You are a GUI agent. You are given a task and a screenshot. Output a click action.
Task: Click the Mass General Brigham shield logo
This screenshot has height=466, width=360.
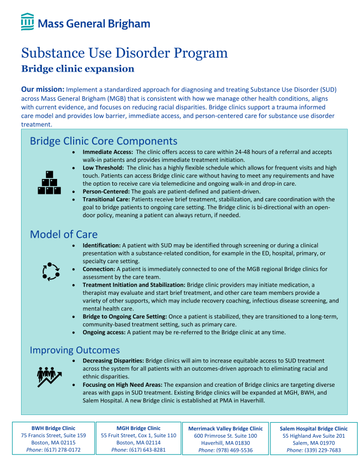27,23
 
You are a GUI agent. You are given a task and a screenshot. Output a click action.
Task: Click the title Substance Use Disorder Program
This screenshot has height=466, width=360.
124,53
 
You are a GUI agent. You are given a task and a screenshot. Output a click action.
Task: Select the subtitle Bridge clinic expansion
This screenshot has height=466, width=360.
78,69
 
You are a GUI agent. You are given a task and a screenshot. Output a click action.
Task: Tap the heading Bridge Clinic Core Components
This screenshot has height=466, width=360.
104,141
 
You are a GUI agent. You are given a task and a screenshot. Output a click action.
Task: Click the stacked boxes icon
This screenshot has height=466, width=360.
49,182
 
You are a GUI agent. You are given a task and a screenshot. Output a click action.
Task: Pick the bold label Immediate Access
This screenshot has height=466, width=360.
108,152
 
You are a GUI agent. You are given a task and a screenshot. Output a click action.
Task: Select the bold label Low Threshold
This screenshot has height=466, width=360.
104,168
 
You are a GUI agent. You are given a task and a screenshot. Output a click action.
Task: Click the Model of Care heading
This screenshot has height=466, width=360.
64,234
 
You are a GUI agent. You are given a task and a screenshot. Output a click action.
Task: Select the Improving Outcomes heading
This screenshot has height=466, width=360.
75,350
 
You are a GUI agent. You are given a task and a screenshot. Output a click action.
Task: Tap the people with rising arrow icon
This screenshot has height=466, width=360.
49,377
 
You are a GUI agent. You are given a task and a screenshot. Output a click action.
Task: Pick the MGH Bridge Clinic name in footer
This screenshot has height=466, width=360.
138,428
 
